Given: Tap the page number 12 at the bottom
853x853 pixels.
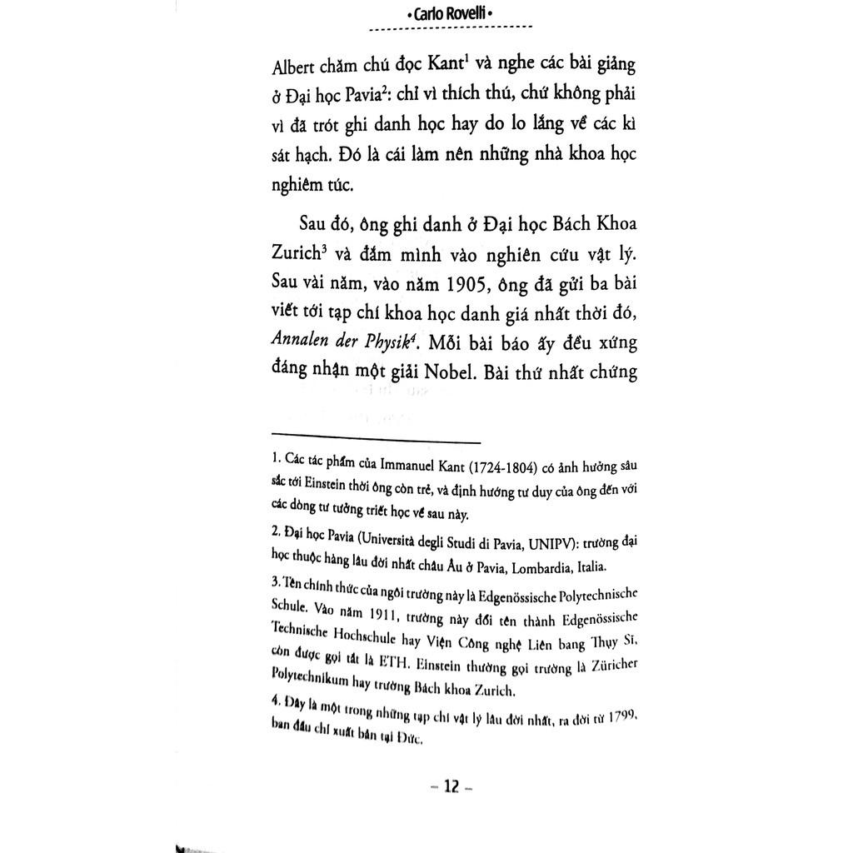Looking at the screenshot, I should click(x=451, y=786).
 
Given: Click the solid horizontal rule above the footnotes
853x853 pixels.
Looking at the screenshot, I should click(x=376, y=442).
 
